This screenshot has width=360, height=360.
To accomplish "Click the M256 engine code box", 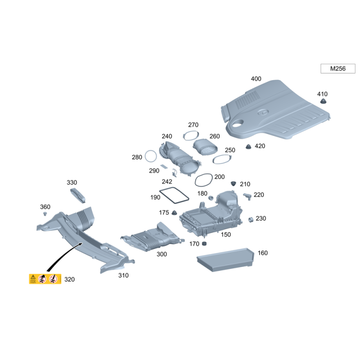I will (x=337, y=69).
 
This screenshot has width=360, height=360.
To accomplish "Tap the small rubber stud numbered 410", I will (x=322, y=102).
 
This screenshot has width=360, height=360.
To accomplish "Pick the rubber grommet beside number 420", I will (x=248, y=147).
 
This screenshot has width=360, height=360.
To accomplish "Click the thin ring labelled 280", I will (x=150, y=157).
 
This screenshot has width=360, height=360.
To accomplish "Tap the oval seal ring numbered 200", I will (x=203, y=180).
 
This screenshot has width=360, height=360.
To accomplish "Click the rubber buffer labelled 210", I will (x=233, y=184).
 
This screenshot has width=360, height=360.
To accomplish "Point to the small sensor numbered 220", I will (x=247, y=196).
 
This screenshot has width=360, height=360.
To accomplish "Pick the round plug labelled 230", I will (x=251, y=219).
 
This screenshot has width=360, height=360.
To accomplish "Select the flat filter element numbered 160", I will (x=225, y=260).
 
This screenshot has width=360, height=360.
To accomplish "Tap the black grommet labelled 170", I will (x=204, y=244).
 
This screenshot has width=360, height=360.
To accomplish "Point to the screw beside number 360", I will (x=45, y=214).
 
